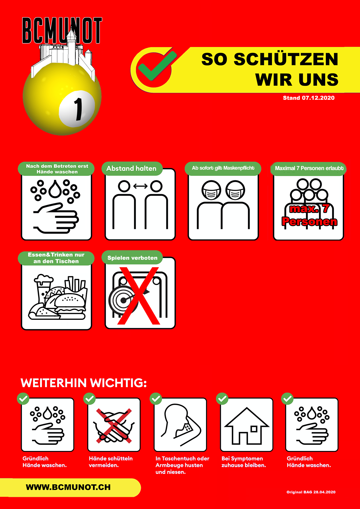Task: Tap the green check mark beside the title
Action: click(157, 66)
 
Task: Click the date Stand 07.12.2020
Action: click(309, 98)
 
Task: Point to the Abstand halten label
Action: click(131, 169)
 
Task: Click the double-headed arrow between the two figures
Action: click(140, 186)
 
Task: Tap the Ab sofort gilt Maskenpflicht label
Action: click(223, 168)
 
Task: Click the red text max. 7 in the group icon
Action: click(309, 209)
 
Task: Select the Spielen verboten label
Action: click(132, 258)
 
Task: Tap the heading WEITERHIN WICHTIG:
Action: click(84, 383)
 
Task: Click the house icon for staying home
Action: click(247, 426)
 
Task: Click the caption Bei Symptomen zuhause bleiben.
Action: click(244, 462)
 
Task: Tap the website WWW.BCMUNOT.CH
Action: click(68, 487)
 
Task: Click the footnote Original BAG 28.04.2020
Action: click(311, 492)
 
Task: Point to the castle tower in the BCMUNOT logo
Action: click(71, 45)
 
